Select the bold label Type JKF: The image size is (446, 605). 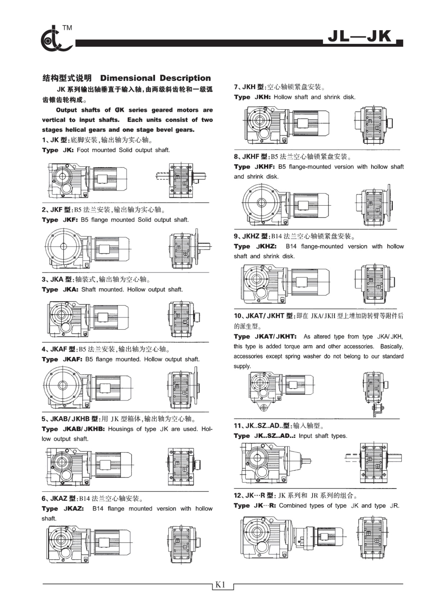click(x=60, y=220)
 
